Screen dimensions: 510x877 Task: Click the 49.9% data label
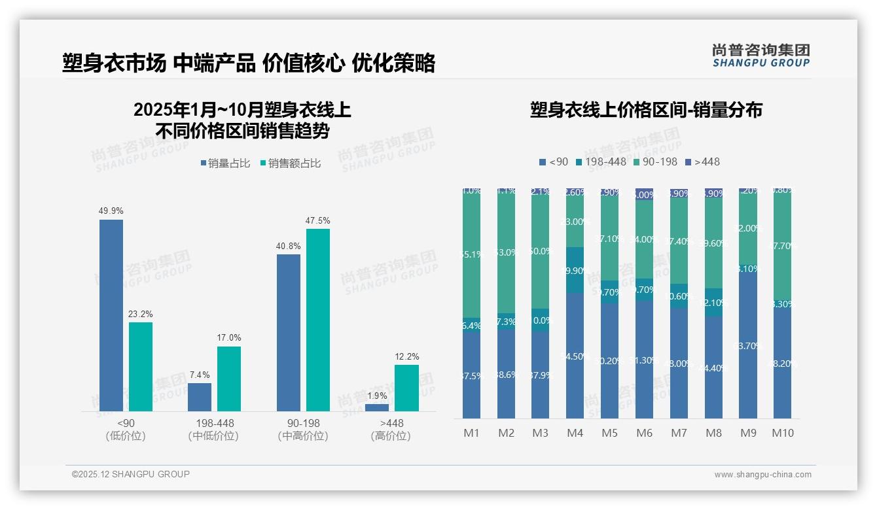click(x=111, y=211)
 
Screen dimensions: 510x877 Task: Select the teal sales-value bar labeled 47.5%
click(x=318, y=320)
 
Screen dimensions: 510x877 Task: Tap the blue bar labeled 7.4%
click(x=200, y=397)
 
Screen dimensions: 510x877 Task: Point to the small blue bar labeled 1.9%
click(x=377, y=407)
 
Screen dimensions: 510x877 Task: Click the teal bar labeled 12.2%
click(x=406, y=388)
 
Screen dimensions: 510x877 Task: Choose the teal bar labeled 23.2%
click(x=141, y=367)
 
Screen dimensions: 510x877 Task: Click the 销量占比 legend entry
click(x=225, y=163)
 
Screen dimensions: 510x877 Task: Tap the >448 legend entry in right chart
click(x=702, y=161)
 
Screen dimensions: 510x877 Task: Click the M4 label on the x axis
click(x=575, y=433)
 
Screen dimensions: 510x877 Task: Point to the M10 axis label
click(x=782, y=433)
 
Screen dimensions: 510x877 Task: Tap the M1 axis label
click(x=471, y=433)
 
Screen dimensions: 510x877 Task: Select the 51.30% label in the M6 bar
click(x=645, y=360)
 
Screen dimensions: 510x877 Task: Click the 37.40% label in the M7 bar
click(x=679, y=241)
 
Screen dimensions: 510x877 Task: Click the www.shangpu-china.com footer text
click(x=762, y=475)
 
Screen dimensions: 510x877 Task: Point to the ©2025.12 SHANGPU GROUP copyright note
click(x=131, y=474)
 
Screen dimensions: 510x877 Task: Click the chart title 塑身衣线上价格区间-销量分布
click(x=646, y=110)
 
